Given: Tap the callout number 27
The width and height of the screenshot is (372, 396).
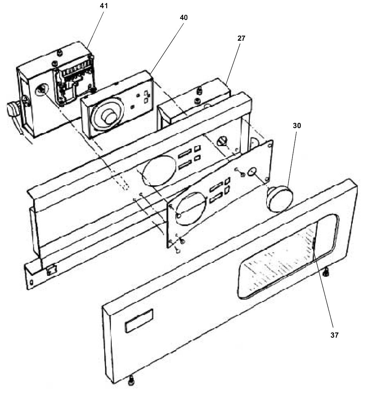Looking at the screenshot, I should click(241, 38).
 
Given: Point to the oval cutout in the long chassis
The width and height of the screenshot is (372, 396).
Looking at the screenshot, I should click(158, 170).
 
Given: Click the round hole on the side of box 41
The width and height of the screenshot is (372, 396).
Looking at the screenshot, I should click(40, 91).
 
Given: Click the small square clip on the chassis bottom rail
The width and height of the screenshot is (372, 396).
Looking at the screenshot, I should click(51, 270).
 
